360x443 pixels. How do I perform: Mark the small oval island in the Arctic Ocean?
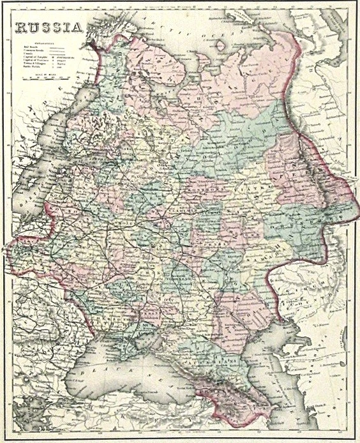(x=221, y=45)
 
